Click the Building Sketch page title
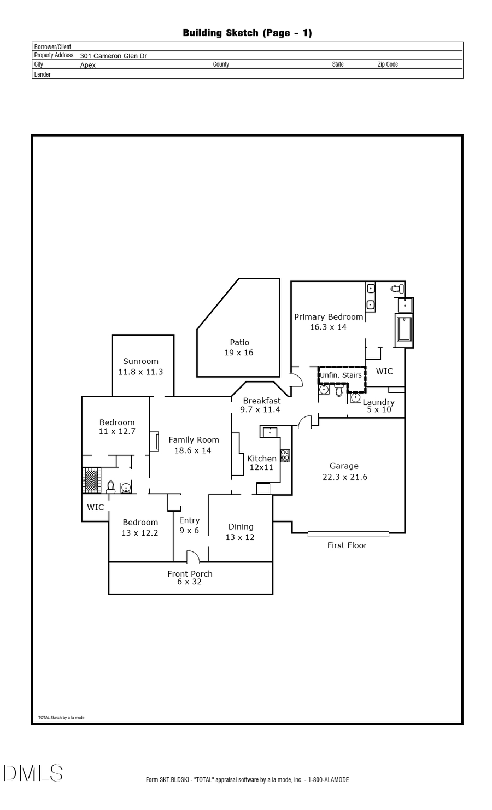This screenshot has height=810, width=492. (x=247, y=33)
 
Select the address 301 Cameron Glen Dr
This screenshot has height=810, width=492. (x=113, y=56)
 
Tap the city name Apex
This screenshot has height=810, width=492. (x=87, y=65)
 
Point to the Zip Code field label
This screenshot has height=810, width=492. (x=388, y=64)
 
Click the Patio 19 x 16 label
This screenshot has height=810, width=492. (x=239, y=348)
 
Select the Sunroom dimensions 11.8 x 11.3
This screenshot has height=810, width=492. (x=140, y=372)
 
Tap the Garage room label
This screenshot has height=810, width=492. (x=344, y=466)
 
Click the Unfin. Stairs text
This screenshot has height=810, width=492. (x=341, y=375)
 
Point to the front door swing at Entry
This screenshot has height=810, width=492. (x=193, y=557)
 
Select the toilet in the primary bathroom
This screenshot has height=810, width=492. (x=397, y=289)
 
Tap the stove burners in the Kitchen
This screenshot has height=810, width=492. (x=285, y=455)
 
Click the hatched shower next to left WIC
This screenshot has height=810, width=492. (x=91, y=480)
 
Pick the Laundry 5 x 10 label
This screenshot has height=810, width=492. (x=379, y=406)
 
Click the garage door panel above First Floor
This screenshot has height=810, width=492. (x=348, y=534)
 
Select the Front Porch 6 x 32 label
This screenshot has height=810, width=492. (x=190, y=578)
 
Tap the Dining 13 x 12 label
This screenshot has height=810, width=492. (x=241, y=531)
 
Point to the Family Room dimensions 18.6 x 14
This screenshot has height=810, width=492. (x=192, y=450)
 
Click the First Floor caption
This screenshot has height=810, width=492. (x=347, y=545)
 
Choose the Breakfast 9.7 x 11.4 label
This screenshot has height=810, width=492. (x=261, y=405)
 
